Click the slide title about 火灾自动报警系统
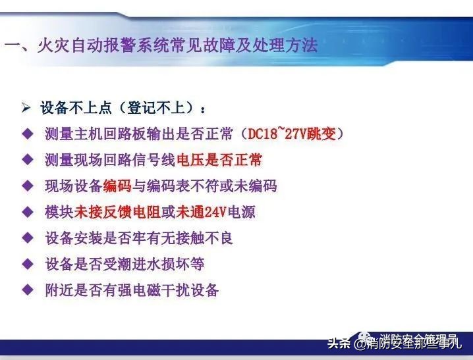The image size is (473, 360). [x=161, y=45]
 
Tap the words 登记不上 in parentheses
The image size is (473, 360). [x=159, y=108]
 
